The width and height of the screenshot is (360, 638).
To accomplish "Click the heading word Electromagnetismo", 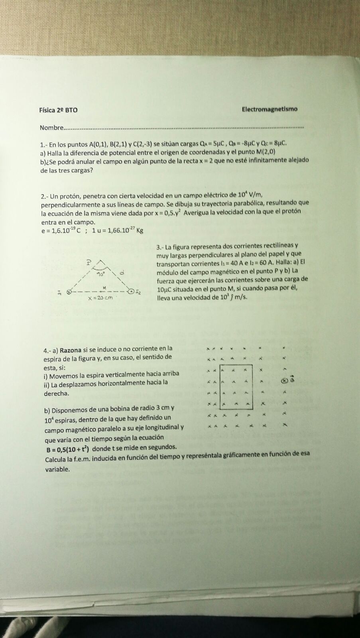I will tap(270, 109).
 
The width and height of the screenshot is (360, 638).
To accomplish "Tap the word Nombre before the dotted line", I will tap(51, 128).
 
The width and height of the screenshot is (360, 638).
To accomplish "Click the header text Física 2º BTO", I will tap(58, 110).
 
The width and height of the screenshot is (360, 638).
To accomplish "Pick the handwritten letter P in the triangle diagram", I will tap(89, 263).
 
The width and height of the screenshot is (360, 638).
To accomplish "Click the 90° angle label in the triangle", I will tap(101, 274).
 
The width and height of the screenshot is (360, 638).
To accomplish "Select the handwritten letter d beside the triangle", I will tap(122, 273).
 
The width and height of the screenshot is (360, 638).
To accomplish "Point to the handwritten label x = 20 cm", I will tap(100, 298).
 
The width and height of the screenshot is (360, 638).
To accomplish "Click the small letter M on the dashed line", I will tap(104, 287).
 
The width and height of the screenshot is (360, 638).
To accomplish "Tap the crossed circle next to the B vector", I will tap(284, 380).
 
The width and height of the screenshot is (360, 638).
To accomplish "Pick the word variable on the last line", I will tap(57, 469).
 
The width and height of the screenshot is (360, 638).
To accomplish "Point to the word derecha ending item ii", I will tap(57, 394).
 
